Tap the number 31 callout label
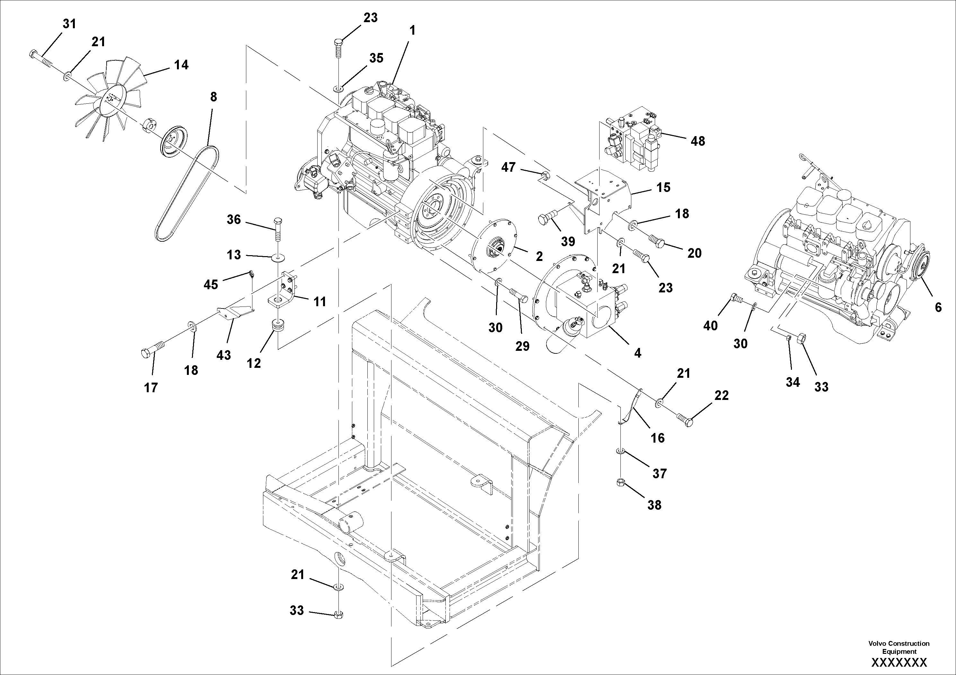pos(70,24)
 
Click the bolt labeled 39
pos(547,218)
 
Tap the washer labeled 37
pos(620,452)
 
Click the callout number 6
pos(938,307)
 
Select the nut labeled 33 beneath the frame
pos(338,614)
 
